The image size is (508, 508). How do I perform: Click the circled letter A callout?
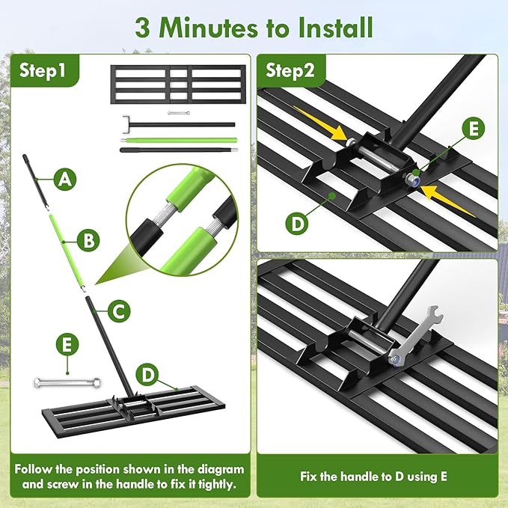pyautogui.click(x=66, y=179)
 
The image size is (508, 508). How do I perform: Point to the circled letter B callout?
pyautogui.click(x=88, y=240)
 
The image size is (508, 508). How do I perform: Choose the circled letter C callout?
pyautogui.click(x=118, y=310)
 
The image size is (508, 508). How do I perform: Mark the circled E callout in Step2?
pyautogui.click(x=472, y=128)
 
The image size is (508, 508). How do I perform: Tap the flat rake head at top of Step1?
pyautogui.click(x=177, y=84)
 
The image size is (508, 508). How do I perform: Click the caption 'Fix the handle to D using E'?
pyautogui.click(x=379, y=476)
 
